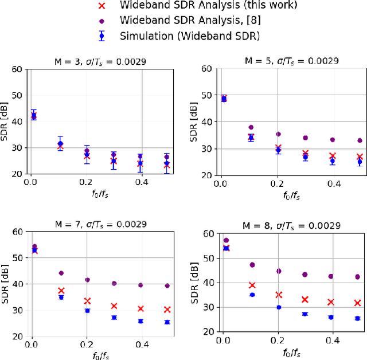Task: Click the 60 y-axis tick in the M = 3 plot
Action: pyautogui.click(x=17, y=69)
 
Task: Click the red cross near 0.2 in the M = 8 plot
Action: pyautogui.click(x=279, y=295)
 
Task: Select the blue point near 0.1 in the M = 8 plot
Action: pyautogui.click(x=251, y=295)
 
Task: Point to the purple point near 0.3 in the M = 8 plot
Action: pyautogui.click(x=305, y=275)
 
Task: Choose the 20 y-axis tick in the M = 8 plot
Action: pyautogui.click(x=209, y=332)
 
